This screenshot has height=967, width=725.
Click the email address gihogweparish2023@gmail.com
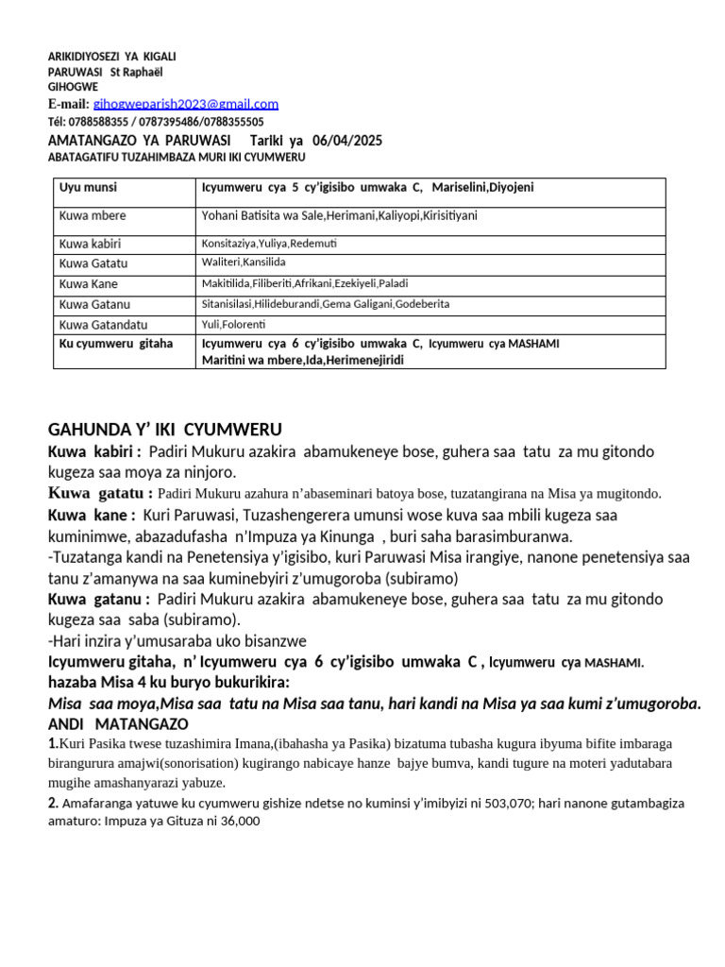(186, 104)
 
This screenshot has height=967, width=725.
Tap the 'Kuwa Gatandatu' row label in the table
(103, 325)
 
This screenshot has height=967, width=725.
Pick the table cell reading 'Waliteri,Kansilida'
(244, 262)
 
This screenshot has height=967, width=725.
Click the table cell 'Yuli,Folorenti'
(234, 325)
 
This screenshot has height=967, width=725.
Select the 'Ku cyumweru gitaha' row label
(116, 344)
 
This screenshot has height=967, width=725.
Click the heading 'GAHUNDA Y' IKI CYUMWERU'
(165, 430)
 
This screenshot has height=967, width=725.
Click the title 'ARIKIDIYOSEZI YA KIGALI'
(112, 58)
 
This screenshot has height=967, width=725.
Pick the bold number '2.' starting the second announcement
(54, 803)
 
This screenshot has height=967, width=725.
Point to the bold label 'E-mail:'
(69, 104)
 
